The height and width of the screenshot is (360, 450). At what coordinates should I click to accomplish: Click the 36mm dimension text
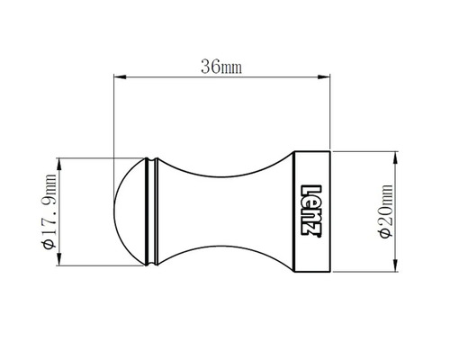click(x=221, y=67)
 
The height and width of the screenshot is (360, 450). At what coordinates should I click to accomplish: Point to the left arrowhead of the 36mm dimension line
click(x=117, y=78)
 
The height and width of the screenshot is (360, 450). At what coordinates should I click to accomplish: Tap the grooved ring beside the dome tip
click(x=152, y=211)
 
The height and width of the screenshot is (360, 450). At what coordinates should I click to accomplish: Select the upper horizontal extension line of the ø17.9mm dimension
click(x=99, y=158)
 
